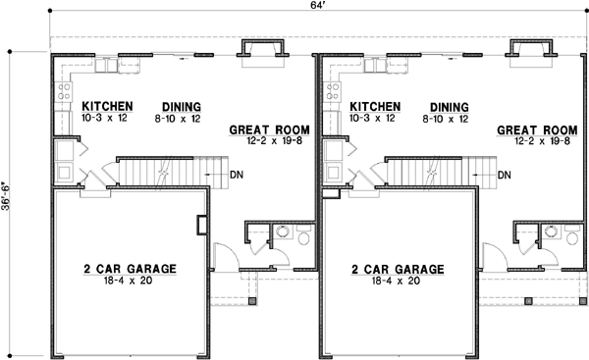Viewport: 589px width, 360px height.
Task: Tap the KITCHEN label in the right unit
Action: coord(375,107)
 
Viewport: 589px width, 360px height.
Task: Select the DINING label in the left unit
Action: coord(179,107)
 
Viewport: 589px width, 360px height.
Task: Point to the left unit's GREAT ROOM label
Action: coord(270,129)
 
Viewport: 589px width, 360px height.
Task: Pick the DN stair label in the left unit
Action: coord(237,177)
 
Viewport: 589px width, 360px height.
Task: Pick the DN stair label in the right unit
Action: coord(504,177)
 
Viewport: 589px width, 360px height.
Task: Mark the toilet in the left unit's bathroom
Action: coord(301,236)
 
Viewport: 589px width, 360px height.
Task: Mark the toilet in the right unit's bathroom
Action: coord(569,236)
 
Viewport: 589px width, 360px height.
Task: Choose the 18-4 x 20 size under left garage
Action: coord(131,281)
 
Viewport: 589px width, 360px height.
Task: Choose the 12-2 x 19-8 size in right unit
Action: coord(536,139)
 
